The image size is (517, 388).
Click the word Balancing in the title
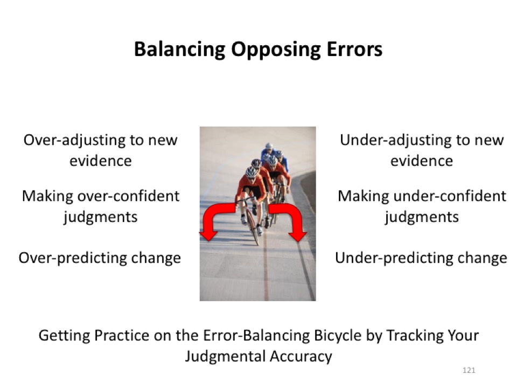[x=180, y=50]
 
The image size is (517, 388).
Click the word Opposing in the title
[x=276, y=50]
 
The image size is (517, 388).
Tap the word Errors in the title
[x=354, y=49]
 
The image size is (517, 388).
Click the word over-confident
[x=128, y=196]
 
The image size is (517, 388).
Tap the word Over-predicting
[x=72, y=259]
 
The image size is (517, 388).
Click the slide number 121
[x=469, y=370]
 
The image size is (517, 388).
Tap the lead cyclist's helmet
[x=251, y=172]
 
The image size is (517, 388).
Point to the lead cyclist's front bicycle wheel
[x=253, y=227]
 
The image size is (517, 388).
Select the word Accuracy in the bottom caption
[x=301, y=357]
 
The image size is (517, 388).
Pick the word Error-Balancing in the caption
[x=256, y=336]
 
